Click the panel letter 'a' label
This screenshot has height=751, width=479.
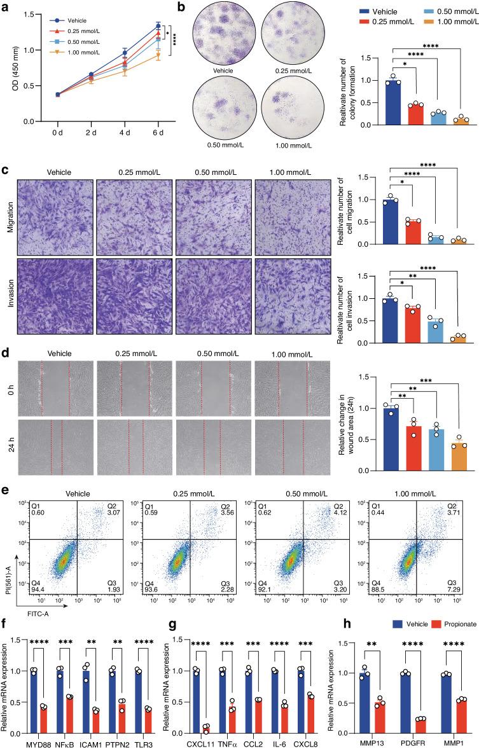(6, 7)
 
